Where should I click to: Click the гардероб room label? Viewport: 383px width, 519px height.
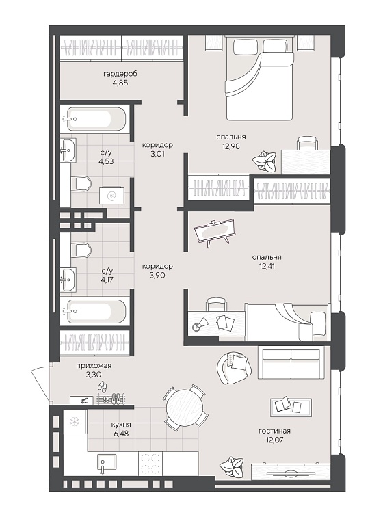pyautogui.click(x=120, y=74)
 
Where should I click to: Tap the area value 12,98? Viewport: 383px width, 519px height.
pyautogui.click(x=231, y=146)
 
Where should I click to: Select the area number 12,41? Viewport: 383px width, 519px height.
pyautogui.click(x=267, y=266)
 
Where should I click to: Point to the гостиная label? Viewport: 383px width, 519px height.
pyautogui.click(x=274, y=431)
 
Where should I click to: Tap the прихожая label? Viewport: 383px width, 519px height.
pyautogui.click(x=94, y=366)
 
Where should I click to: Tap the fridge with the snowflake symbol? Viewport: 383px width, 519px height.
pyautogui.click(x=75, y=421)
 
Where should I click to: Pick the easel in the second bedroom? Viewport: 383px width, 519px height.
pyautogui.click(x=215, y=232)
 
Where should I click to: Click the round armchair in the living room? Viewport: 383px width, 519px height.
pyautogui.click(x=233, y=368)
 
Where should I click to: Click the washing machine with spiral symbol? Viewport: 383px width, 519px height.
pyautogui.click(x=112, y=196)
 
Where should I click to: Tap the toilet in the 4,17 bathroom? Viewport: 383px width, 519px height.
pyautogui.click(x=81, y=250)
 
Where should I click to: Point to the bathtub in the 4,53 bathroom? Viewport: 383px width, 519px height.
pyautogui.click(x=94, y=118)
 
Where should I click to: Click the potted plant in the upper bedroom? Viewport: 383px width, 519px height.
pyautogui.click(x=264, y=160)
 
